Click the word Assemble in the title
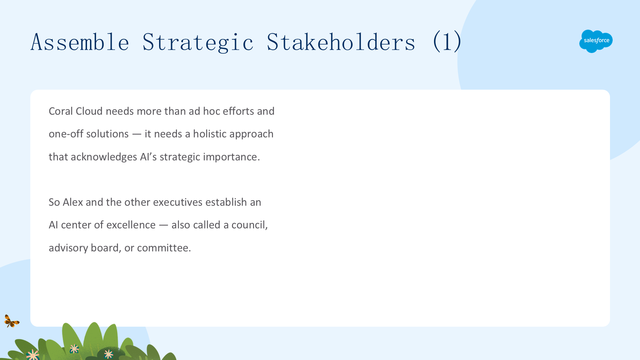click(x=80, y=42)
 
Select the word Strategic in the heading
click(x=198, y=43)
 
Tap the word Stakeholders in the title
click(x=341, y=42)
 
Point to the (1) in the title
click(x=447, y=41)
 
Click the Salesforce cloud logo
click(x=596, y=41)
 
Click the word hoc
click(x=212, y=111)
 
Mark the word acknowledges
click(x=104, y=157)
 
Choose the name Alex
click(x=73, y=202)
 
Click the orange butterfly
click(x=12, y=321)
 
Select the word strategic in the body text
click(x=180, y=157)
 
